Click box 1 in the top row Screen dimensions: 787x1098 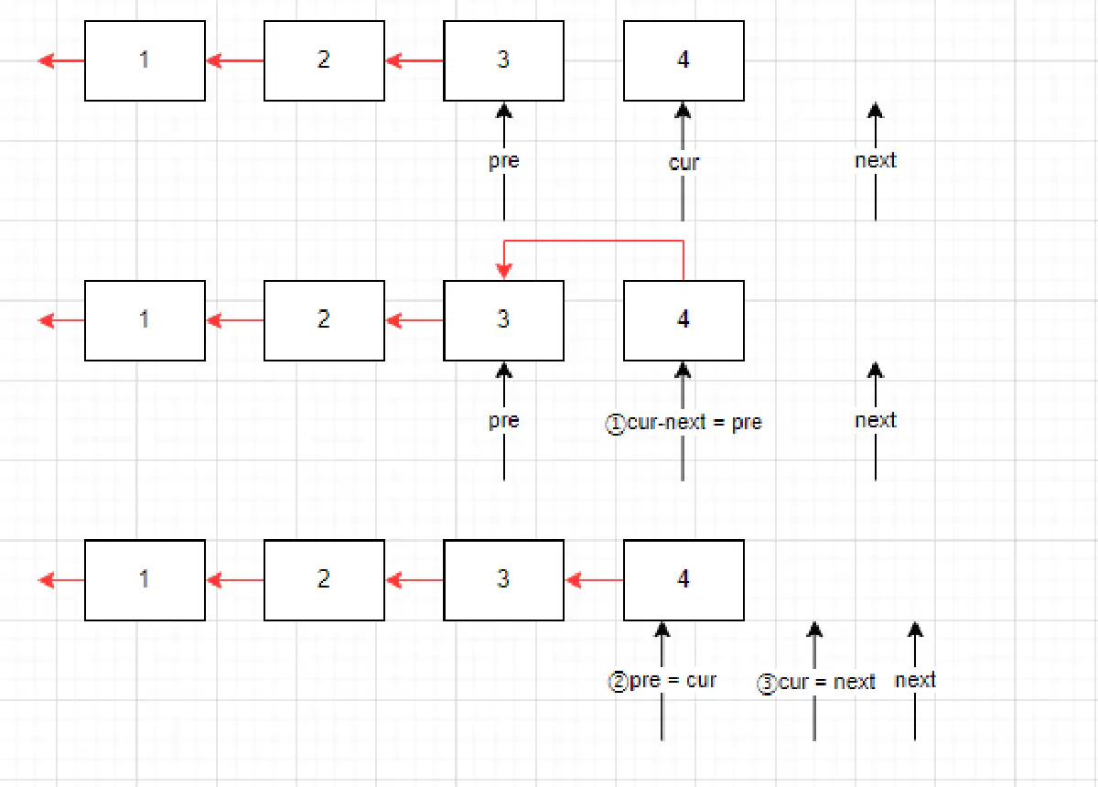tap(145, 60)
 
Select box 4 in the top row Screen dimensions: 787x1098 tap(684, 60)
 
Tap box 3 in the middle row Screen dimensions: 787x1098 tap(503, 320)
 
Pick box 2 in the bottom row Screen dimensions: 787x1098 tap(324, 580)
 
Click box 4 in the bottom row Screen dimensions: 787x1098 tap(684, 580)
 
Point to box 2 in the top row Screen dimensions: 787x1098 tap(324, 60)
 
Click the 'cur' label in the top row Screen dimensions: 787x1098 tap(684, 163)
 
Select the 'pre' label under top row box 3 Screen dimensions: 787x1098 tap(503, 161)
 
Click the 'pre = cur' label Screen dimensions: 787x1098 tap(673, 681)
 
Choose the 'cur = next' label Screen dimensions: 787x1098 tap(827, 683)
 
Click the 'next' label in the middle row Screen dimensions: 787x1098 tap(876, 421)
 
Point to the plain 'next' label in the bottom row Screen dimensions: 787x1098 tap(915, 680)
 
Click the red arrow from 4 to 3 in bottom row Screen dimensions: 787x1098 tap(595, 580)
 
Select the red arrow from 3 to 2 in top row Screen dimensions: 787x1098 tap(414, 61)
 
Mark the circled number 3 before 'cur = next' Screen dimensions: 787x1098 tap(767, 684)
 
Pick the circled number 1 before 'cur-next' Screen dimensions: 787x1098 tap(616, 424)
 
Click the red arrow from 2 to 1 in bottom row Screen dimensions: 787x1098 tap(235, 580)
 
